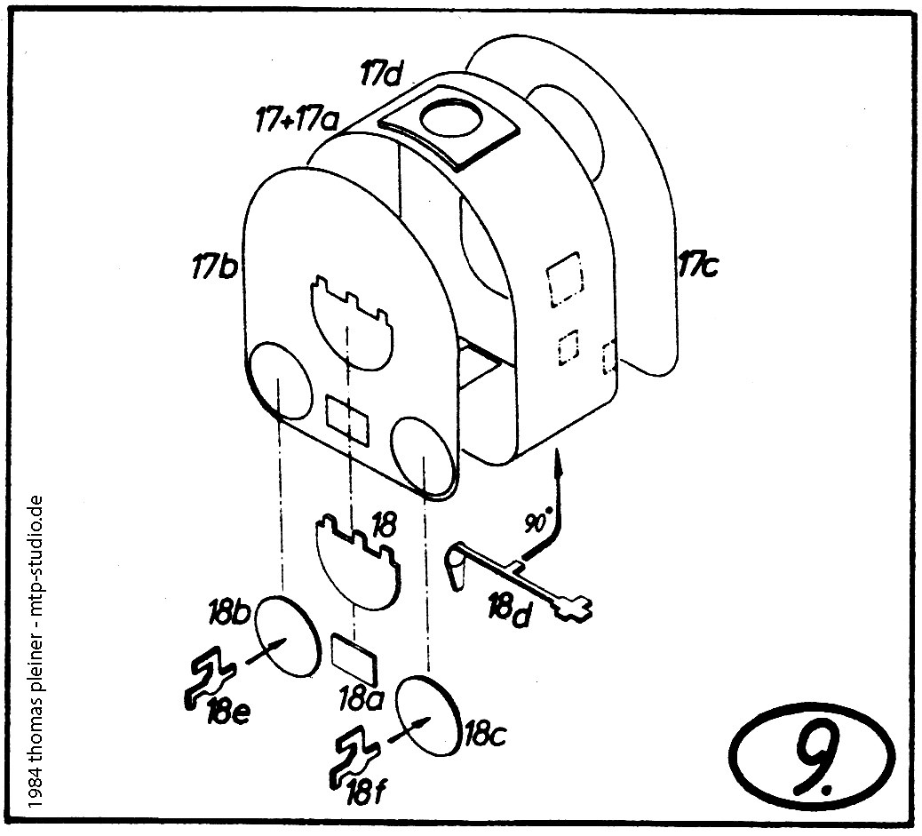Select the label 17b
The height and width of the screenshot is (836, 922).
pos(213,265)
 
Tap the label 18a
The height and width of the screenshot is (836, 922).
pos(361,698)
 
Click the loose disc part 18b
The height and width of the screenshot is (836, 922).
pos(287,638)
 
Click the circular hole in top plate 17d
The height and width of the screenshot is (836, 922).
pos(450,120)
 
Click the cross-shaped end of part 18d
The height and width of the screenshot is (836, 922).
pos(572,609)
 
